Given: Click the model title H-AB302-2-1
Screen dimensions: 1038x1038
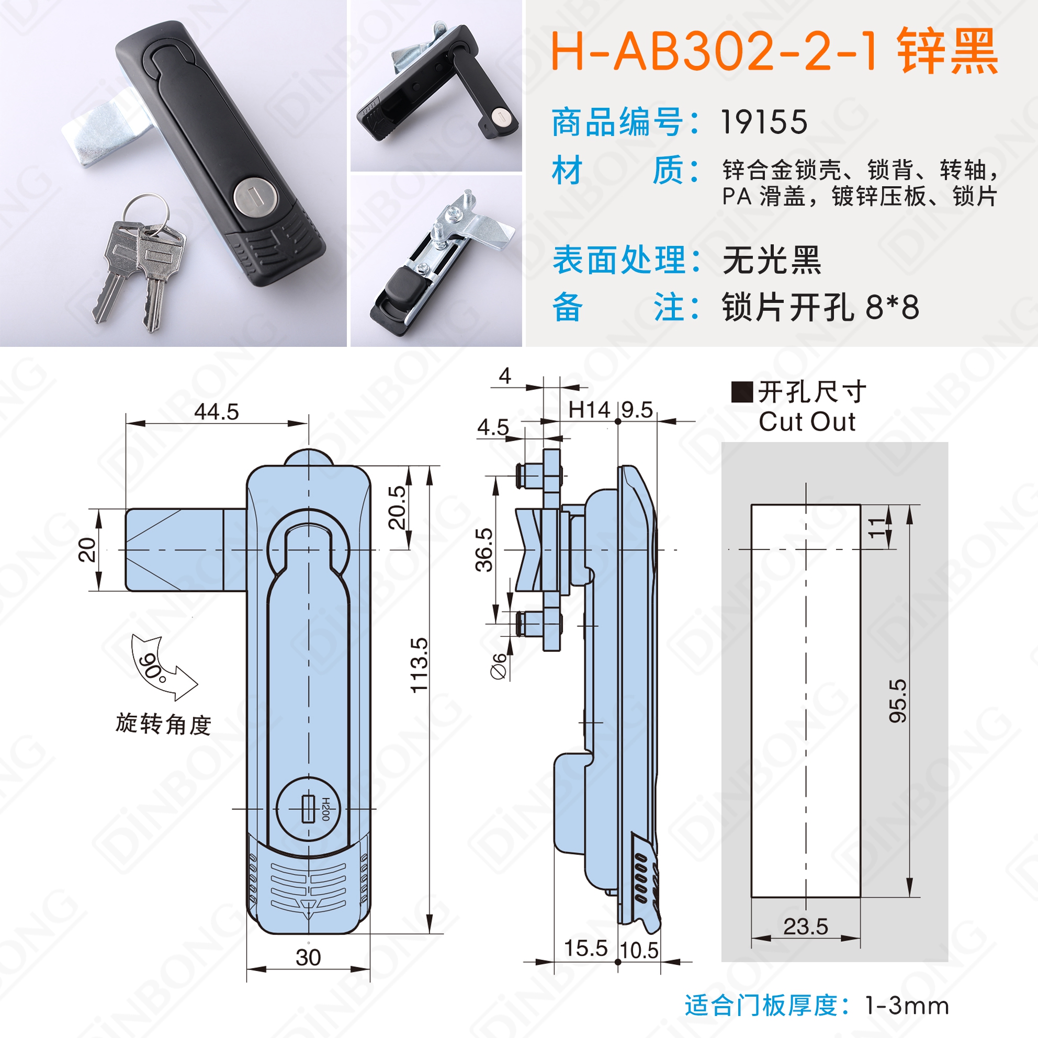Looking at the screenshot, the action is (x=716, y=51).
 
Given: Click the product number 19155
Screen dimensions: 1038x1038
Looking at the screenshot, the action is (x=763, y=122).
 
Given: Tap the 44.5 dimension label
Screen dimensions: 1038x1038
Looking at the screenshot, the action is (x=217, y=412).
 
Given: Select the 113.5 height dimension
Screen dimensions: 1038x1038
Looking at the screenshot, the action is (x=419, y=665).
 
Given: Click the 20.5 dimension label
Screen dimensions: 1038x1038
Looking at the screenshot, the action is (x=397, y=507).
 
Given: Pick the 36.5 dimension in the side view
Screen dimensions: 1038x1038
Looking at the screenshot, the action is (x=484, y=549).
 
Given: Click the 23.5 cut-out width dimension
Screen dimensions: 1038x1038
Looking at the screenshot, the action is (x=805, y=926).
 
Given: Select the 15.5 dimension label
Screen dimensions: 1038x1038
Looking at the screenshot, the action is (x=585, y=949).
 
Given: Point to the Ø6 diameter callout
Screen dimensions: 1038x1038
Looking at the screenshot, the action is (x=499, y=666).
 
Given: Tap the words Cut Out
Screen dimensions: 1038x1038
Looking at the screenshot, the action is (x=807, y=422).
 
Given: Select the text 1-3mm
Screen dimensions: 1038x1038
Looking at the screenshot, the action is (x=907, y=1005).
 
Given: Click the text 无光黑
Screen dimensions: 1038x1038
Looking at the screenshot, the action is (x=772, y=260).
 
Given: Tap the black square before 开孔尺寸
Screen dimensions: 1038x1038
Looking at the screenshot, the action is (x=742, y=392).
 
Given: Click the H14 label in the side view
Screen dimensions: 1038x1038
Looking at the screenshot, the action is (x=590, y=410).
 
